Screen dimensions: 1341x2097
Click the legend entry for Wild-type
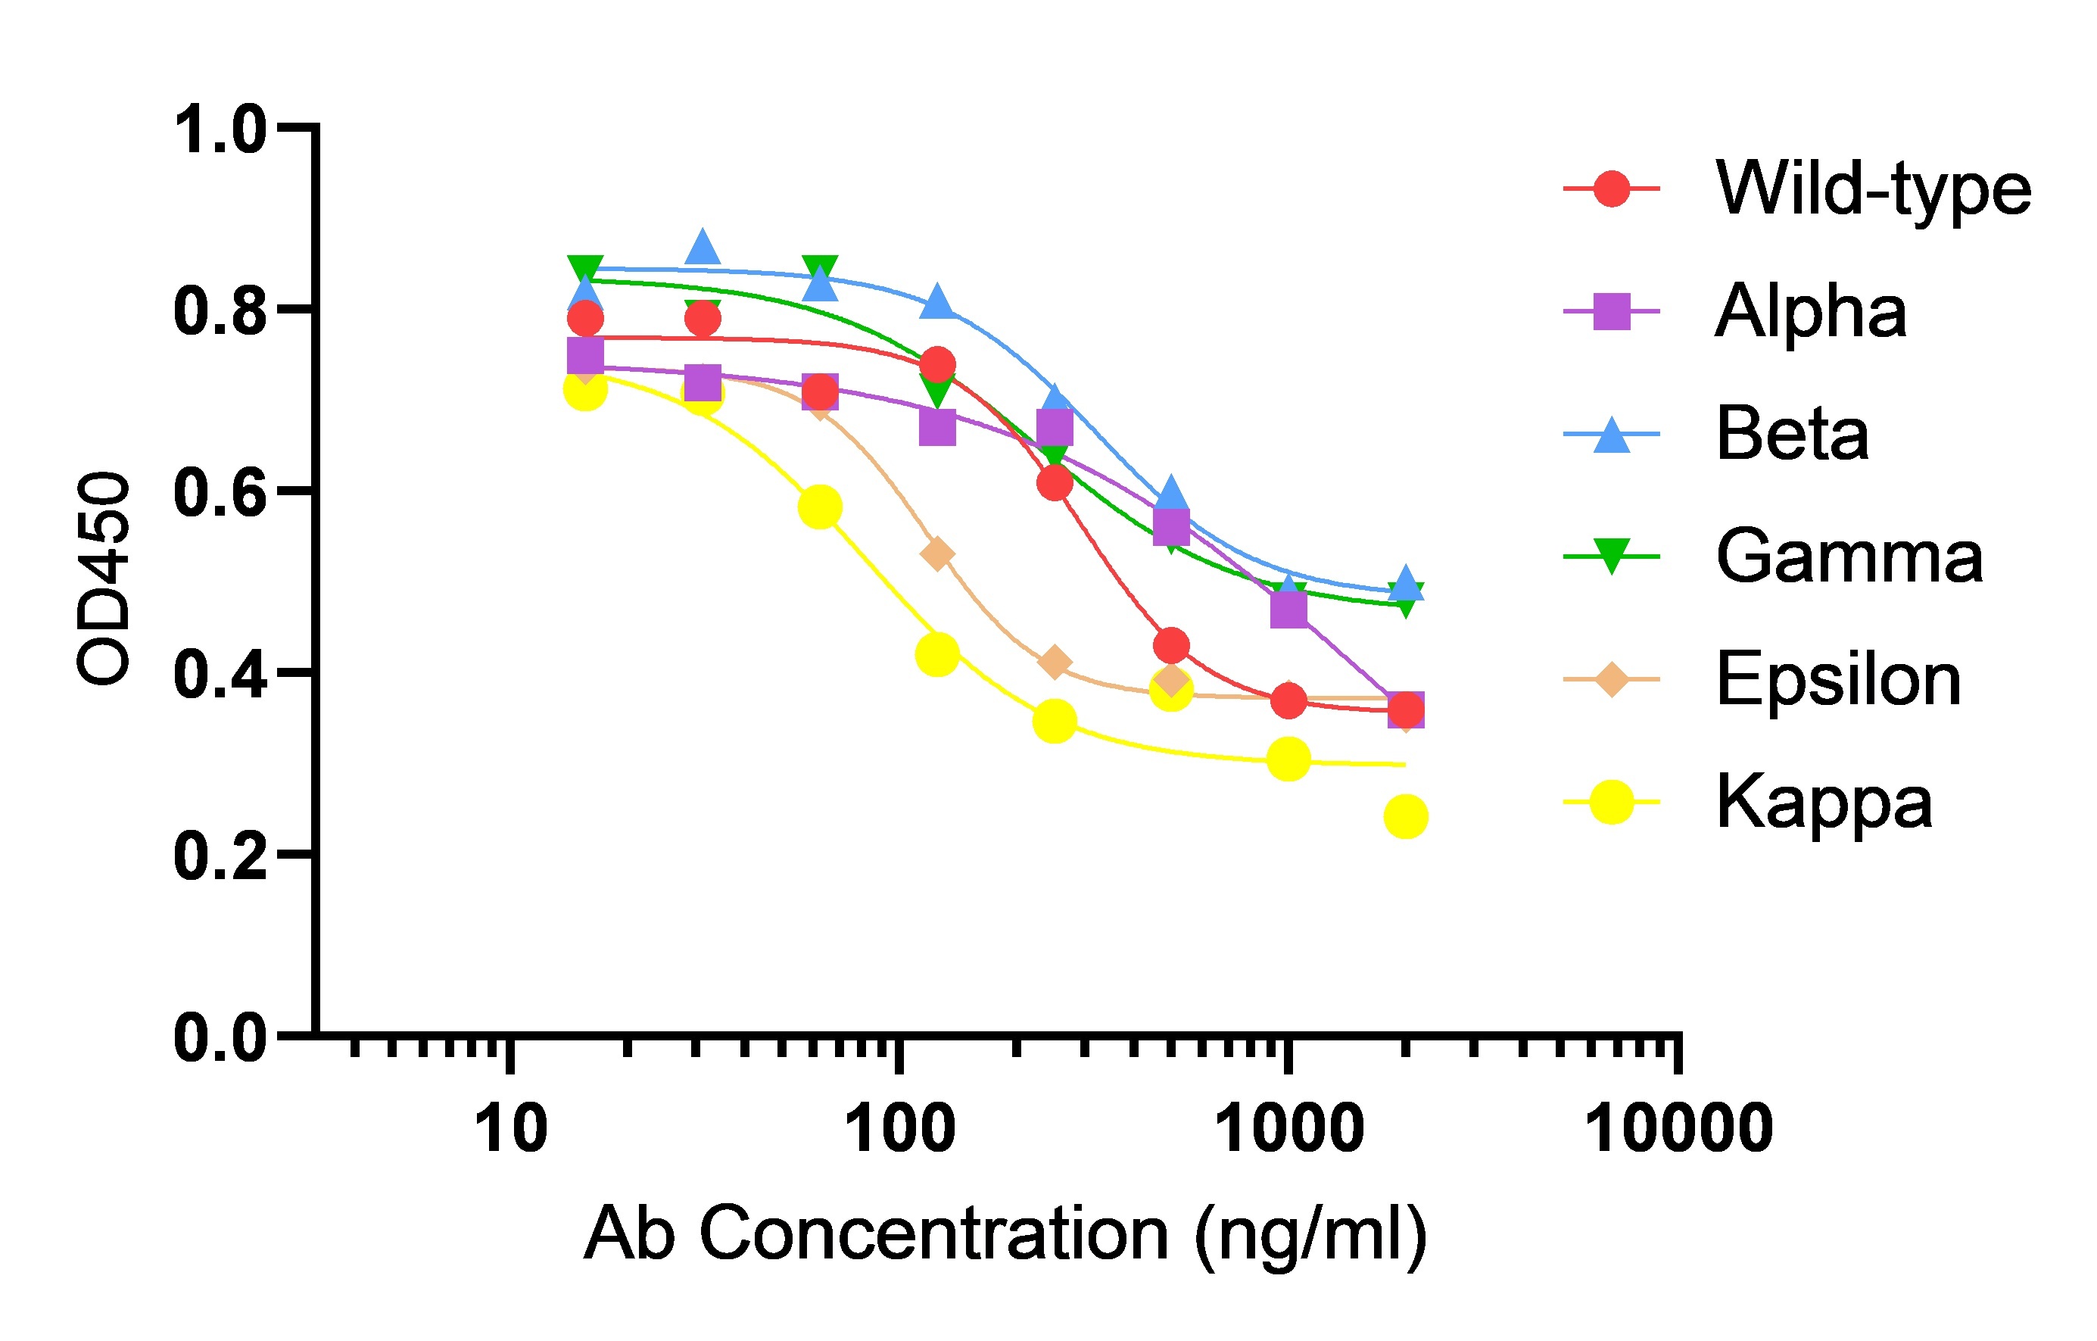point(1872,189)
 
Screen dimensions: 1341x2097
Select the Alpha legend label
point(1812,311)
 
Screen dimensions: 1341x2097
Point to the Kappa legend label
point(1824,802)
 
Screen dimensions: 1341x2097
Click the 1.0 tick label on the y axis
point(220,129)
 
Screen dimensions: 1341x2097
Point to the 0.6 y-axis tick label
point(220,492)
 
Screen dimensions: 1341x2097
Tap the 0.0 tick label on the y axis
point(220,1037)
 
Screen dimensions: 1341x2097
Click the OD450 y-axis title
point(103,579)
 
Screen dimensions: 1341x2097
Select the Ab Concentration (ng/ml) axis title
point(1006,1234)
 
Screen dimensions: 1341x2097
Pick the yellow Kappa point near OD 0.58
point(819,507)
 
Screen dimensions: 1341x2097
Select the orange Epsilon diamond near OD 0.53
point(937,554)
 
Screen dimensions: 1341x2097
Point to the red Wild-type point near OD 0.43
point(1171,646)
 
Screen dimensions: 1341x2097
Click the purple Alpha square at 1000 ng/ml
point(1288,609)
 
